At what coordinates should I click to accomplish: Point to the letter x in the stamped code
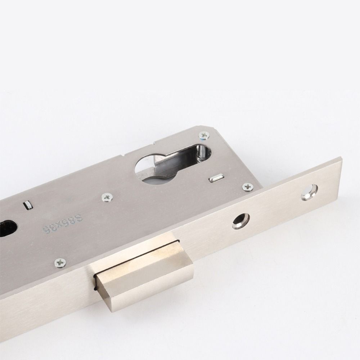coord(60,223)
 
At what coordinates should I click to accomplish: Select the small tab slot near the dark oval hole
coord(27,206)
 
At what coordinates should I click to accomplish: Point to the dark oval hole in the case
coord(7,229)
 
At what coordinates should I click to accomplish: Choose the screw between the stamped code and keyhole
coord(107,197)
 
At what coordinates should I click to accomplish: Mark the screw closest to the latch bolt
coord(60,262)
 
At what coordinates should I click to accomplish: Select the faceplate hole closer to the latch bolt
coord(240,220)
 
